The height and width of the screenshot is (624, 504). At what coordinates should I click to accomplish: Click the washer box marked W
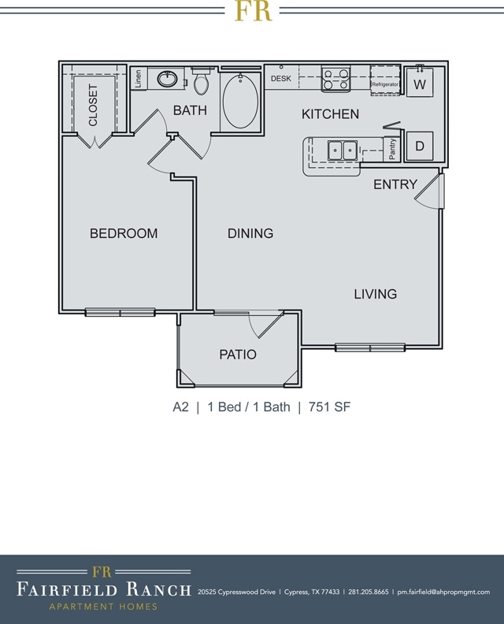[419, 83]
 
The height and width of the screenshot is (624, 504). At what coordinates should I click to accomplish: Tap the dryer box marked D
[419, 146]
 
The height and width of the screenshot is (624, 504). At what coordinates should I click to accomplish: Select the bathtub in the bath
[239, 101]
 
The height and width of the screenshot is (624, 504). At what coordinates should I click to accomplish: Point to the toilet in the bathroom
[202, 82]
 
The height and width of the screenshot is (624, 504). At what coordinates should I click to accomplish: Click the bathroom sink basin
[168, 79]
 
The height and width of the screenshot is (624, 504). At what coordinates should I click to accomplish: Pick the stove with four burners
[335, 80]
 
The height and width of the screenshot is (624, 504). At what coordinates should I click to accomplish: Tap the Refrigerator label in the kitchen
[385, 84]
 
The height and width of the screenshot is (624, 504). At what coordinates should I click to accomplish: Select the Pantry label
[393, 149]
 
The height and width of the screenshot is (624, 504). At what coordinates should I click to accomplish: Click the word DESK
[281, 79]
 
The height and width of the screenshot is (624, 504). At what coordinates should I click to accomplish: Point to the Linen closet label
[139, 79]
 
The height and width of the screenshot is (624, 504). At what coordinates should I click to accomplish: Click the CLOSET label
[93, 105]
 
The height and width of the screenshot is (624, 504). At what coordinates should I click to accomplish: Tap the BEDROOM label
[124, 233]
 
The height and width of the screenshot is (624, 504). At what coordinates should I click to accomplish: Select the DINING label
[250, 233]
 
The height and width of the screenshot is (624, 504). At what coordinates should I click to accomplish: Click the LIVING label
[375, 294]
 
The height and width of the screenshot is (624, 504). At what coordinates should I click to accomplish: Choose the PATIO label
[238, 355]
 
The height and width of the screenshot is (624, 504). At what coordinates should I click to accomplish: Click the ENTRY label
[395, 184]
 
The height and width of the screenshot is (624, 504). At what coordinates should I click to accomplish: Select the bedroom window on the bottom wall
[120, 312]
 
